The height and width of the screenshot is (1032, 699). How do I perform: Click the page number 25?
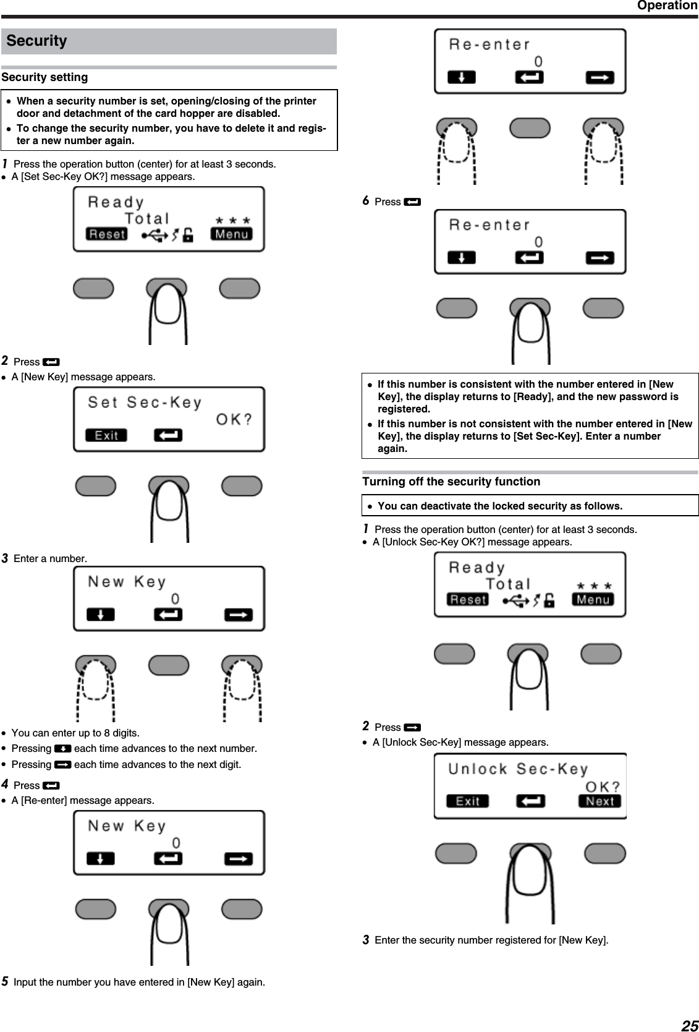(689, 1026)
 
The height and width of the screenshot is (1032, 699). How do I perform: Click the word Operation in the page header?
(667, 6)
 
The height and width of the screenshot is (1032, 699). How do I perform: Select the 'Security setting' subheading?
(44, 77)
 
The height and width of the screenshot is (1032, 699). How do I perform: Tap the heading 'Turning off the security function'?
(451, 482)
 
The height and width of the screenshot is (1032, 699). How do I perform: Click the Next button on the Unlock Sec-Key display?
(599, 801)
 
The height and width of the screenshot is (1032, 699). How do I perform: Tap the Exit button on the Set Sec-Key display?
(106, 435)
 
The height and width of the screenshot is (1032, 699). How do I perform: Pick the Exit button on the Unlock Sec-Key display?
(467, 801)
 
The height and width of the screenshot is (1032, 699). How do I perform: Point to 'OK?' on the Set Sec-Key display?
(234, 420)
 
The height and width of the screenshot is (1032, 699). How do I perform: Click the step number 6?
(365, 201)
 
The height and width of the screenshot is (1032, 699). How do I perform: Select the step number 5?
(5, 982)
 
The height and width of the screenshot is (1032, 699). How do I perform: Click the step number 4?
(5, 785)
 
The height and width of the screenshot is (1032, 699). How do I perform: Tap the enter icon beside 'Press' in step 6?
(412, 202)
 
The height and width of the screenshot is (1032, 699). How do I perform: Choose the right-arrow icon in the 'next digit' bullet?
(62, 765)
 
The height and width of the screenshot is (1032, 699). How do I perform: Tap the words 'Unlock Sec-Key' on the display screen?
(518, 769)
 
